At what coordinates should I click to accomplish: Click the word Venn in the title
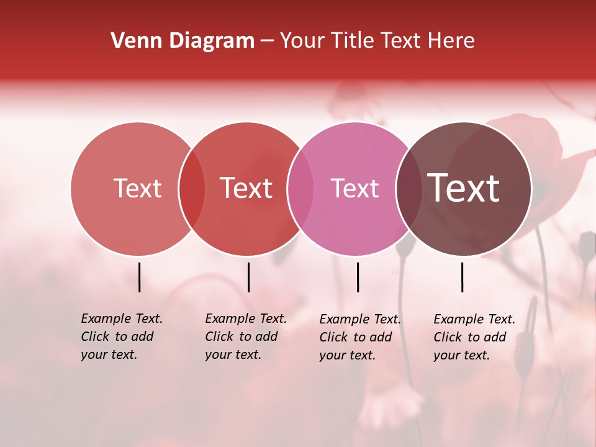[133, 41]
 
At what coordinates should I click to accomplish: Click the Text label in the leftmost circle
[137, 188]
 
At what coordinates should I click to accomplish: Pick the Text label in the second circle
[246, 188]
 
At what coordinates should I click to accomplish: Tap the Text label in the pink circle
[354, 188]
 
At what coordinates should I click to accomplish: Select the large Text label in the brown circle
[463, 188]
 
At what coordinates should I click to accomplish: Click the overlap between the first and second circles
[192, 189]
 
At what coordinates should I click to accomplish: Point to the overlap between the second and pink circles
[300, 189]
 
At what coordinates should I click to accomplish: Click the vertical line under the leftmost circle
[140, 277]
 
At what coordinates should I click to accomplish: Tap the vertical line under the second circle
[248, 277]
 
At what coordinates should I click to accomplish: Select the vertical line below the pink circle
[358, 277]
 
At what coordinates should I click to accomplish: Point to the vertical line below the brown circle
[463, 277]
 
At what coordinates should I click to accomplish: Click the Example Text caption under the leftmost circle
[122, 336]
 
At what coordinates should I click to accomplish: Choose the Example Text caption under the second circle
[246, 336]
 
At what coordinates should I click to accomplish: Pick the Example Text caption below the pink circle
[360, 337]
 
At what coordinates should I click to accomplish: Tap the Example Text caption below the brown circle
[474, 337]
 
